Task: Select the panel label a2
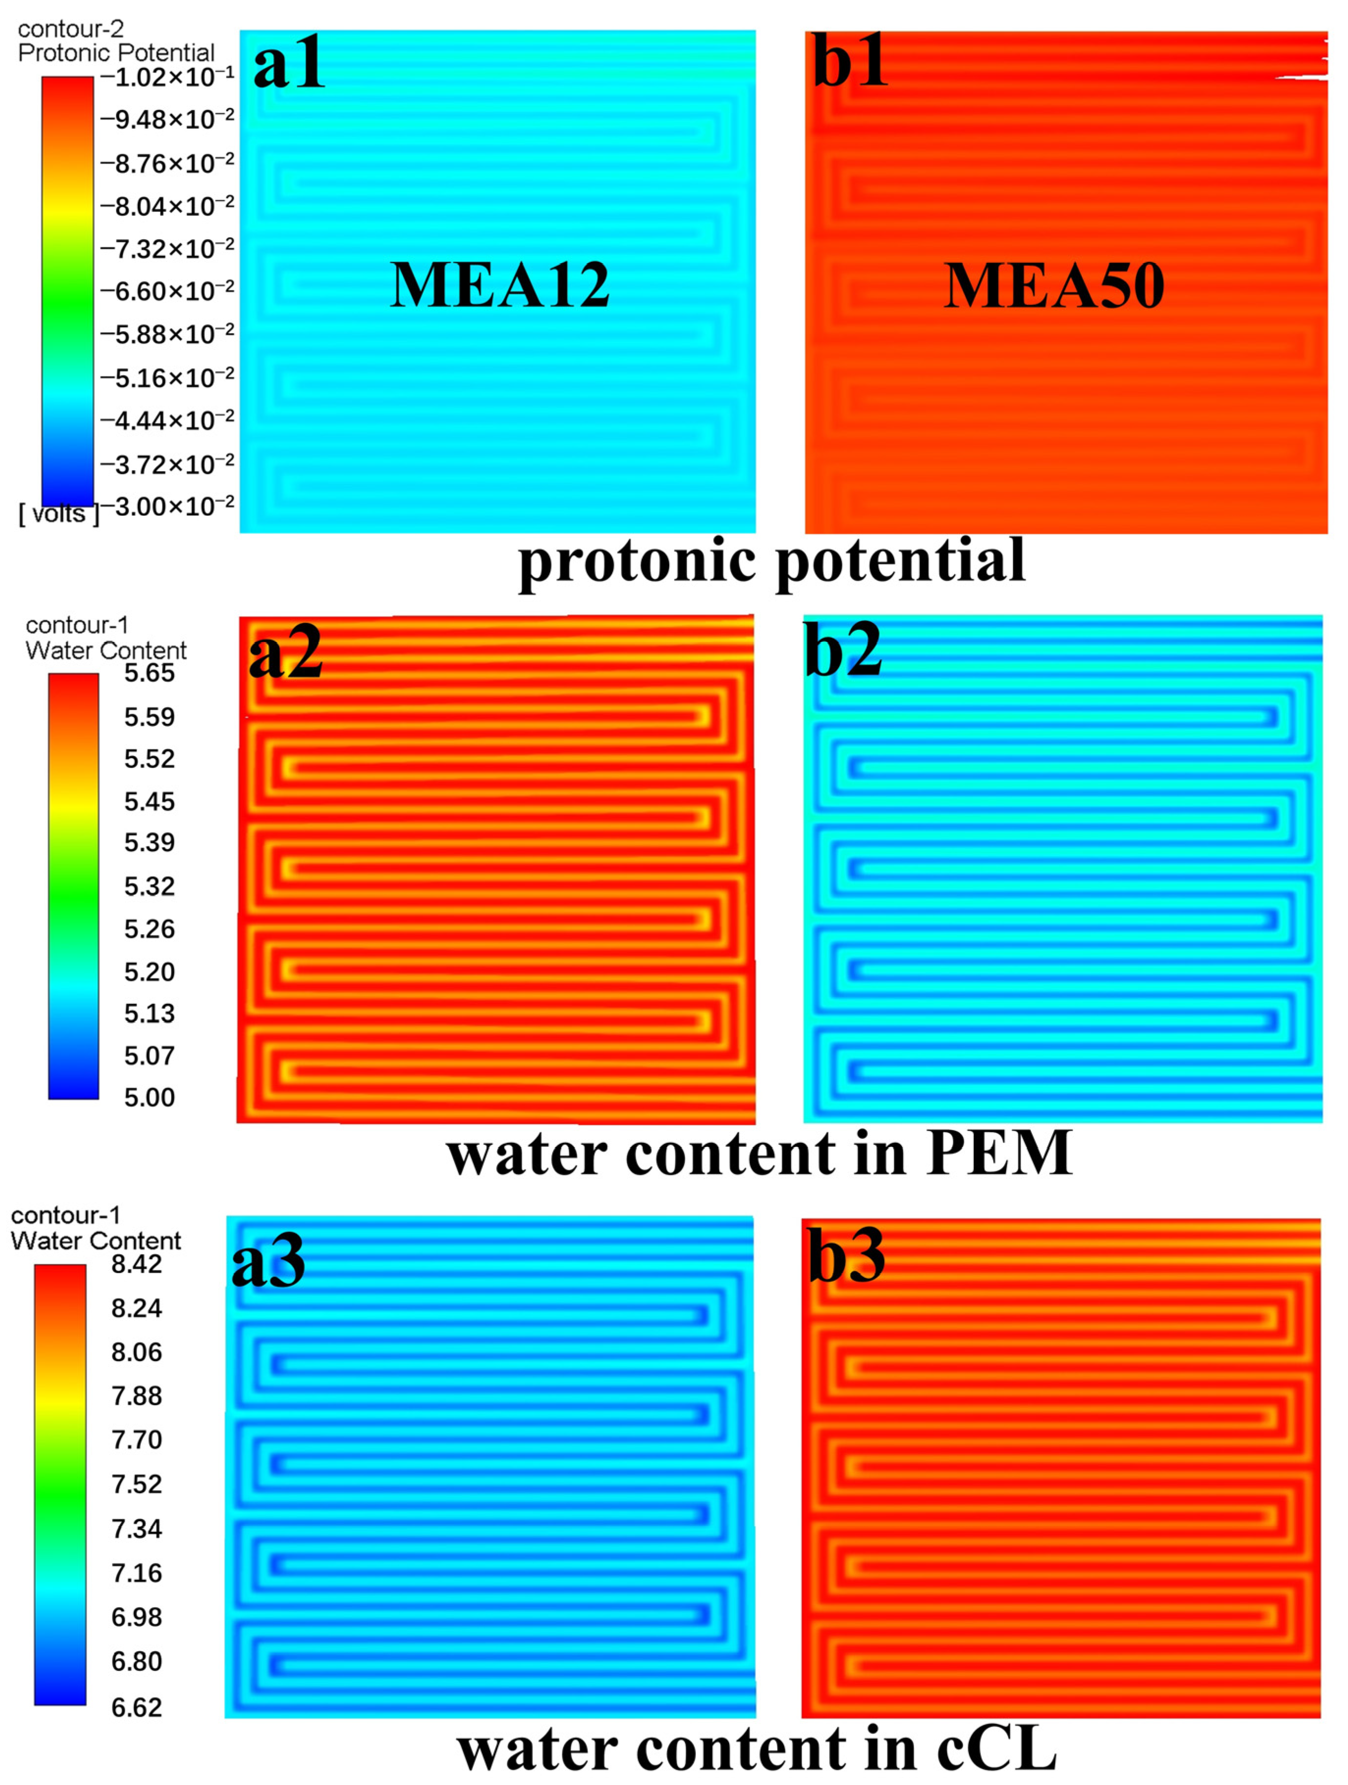click(x=285, y=653)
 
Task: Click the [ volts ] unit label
click(x=59, y=514)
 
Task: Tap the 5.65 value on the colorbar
click(x=149, y=673)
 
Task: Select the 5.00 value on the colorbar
click(x=149, y=1098)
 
